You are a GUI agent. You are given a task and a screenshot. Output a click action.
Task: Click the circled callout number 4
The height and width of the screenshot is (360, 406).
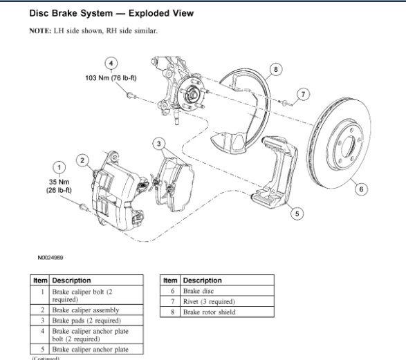tap(111, 64)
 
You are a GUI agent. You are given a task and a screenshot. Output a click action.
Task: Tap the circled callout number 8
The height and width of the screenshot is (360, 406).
tap(276, 69)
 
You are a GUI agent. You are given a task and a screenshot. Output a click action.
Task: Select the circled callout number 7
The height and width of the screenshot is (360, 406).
tap(303, 95)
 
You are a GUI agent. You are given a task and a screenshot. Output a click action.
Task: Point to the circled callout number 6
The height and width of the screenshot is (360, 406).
tap(361, 189)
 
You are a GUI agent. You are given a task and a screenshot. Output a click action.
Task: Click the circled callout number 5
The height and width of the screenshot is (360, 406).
tap(297, 214)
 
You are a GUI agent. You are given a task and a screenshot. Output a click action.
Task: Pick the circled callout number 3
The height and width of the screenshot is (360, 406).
tap(159, 144)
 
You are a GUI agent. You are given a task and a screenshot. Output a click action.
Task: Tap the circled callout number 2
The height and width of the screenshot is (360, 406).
tap(82, 160)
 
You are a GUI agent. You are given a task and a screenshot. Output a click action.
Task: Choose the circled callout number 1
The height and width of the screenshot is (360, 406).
tap(59, 168)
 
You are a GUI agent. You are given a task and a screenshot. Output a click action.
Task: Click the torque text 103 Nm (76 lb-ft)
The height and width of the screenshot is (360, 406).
tap(111, 78)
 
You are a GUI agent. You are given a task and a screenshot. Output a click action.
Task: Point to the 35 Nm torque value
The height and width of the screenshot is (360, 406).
tap(59, 182)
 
